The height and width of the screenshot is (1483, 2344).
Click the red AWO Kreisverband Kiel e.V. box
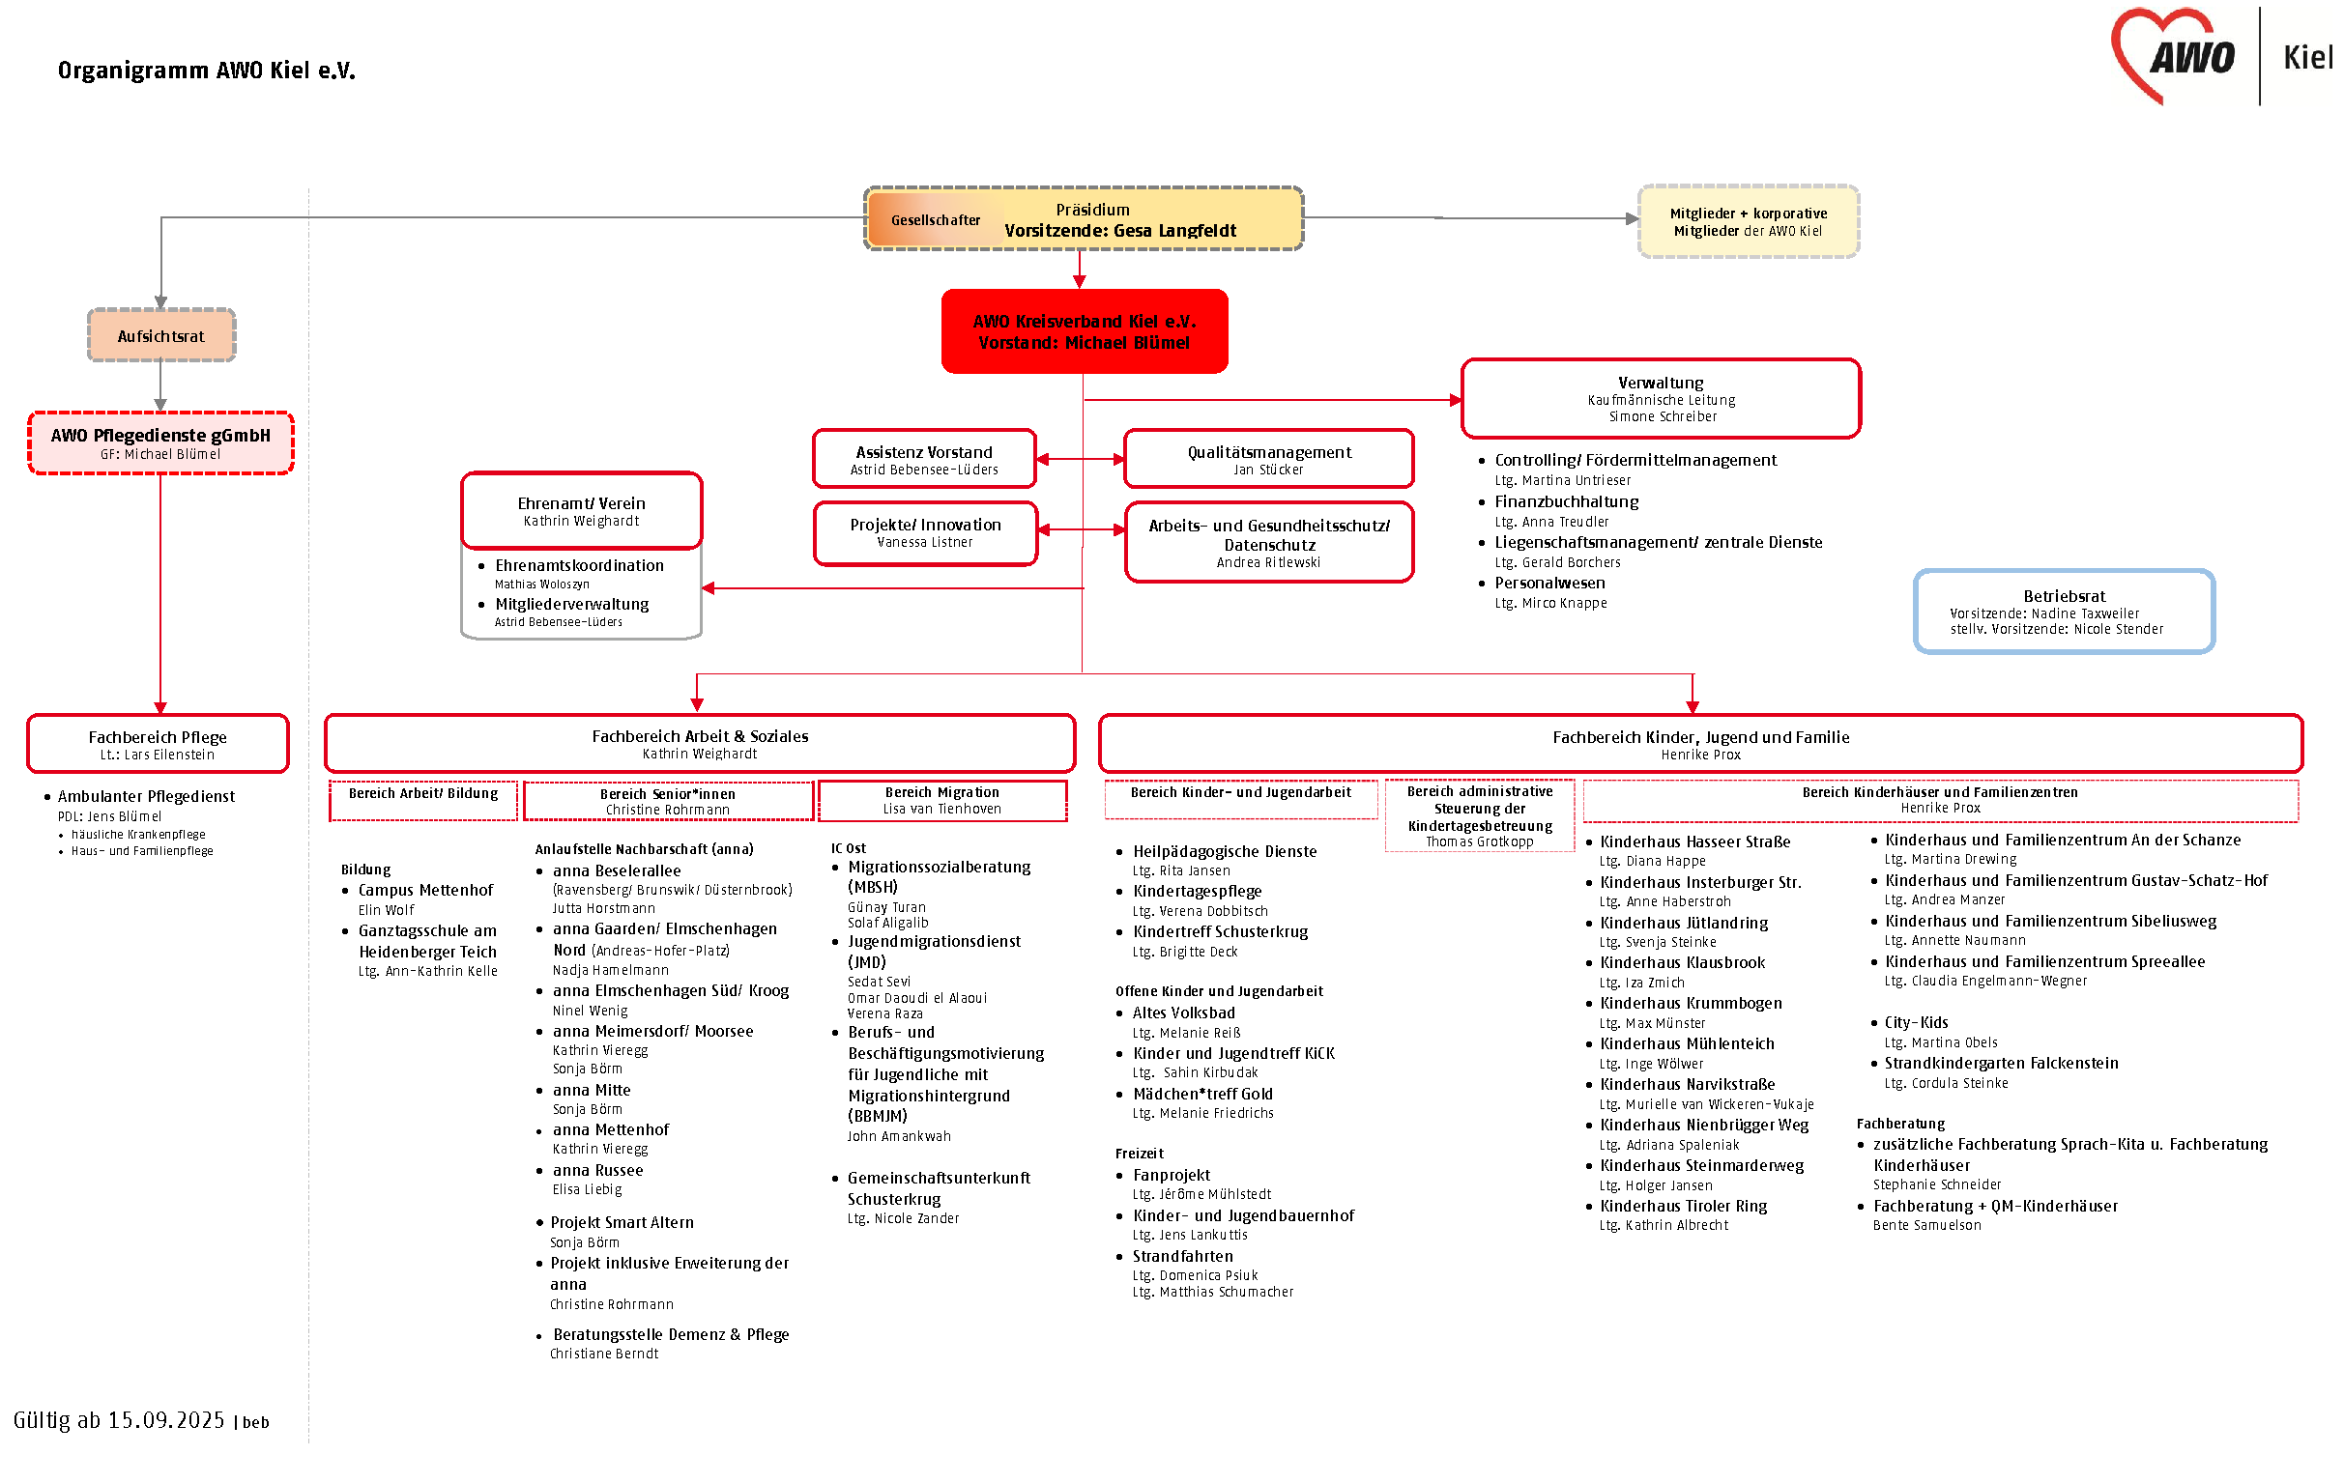pos(1084,330)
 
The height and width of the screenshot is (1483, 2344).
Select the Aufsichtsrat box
pos(160,335)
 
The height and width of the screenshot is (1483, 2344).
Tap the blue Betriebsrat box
pos(2063,612)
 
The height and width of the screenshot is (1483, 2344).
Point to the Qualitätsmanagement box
pos(1268,458)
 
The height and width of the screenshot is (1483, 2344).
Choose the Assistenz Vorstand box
pos(924,458)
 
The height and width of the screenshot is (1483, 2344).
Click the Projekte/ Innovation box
pos(925,532)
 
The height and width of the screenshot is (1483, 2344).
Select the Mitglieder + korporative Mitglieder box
pos(1748,221)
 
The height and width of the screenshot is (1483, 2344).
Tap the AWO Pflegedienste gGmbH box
pos(160,442)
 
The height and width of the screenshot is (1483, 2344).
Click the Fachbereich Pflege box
pos(158,744)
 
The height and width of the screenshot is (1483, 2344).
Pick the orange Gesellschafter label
pos(935,220)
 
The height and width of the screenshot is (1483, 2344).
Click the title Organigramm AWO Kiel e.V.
pos(206,71)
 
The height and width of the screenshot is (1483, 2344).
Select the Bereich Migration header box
pos(941,800)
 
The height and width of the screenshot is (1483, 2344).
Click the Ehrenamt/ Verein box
pos(581,510)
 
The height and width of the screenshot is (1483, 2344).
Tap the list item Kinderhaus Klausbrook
pos(1682,962)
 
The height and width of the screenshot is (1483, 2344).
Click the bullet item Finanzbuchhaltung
pos(1566,501)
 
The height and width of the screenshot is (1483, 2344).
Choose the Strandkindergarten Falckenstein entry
pos(2001,1063)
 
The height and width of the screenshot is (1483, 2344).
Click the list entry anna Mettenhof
pos(610,1129)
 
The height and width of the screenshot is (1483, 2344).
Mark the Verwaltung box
pos(1661,398)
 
